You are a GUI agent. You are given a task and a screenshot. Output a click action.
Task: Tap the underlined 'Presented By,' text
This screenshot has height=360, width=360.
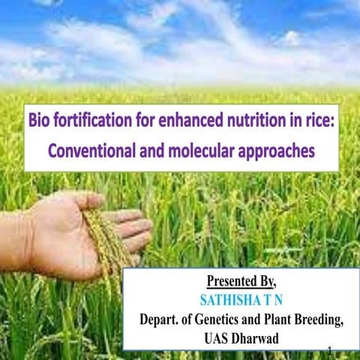pyautogui.click(x=241, y=281)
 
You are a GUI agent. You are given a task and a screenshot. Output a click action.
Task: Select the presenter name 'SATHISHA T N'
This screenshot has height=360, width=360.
pyautogui.click(x=241, y=300)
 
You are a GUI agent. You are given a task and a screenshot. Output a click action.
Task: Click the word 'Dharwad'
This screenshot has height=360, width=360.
pyautogui.click(x=254, y=338)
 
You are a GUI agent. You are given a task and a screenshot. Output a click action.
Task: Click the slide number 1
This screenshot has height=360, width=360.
pyautogui.click(x=330, y=350)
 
